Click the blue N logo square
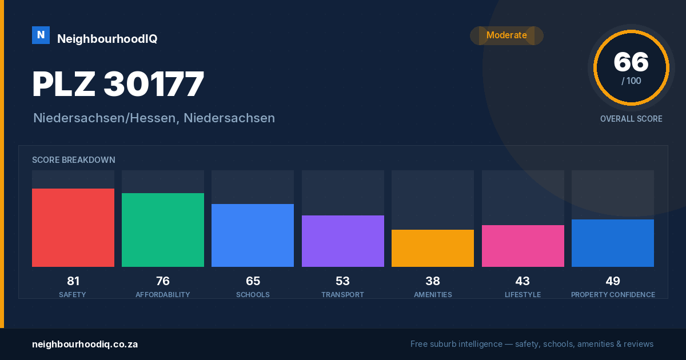click(x=41, y=35)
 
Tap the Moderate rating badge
click(x=506, y=35)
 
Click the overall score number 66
click(x=631, y=62)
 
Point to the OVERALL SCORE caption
click(x=631, y=119)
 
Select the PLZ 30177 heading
click(x=118, y=83)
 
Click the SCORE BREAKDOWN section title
click(x=74, y=160)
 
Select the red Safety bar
click(x=73, y=227)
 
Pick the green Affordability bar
click(x=163, y=230)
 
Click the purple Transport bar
click(x=343, y=241)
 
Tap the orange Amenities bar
click(x=433, y=248)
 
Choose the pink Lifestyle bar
click(x=523, y=246)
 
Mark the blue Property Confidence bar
click(x=613, y=243)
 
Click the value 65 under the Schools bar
click(x=253, y=281)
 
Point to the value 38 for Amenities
click(x=433, y=281)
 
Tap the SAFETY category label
click(x=73, y=294)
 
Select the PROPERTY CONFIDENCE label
click(x=613, y=294)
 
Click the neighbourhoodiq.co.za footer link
click(x=85, y=344)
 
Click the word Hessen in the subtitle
click(x=153, y=118)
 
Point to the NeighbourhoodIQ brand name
click(x=107, y=39)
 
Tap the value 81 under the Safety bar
click(x=73, y=281)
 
